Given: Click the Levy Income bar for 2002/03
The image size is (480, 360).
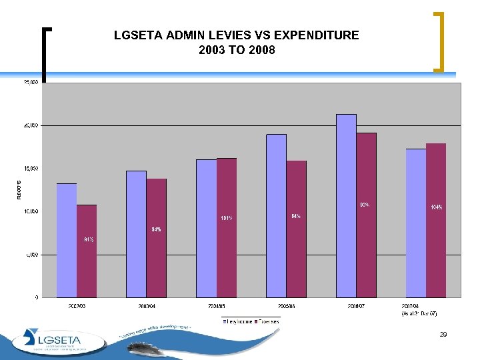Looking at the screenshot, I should tap(67, 240).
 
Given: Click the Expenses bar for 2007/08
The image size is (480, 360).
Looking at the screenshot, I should tap(436, 220).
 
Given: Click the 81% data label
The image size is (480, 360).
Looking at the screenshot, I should tap(89, 239).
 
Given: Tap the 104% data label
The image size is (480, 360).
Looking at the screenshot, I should tap(437, 207).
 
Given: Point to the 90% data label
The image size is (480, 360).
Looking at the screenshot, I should tap(365, 205).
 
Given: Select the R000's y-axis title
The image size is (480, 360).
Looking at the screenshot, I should tap(19, 189).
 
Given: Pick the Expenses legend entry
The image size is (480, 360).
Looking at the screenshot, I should tap(269, 321).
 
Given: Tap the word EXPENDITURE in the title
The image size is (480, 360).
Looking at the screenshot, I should tap(313, 35).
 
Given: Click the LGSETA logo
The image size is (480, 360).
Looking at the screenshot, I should tap(57, 339).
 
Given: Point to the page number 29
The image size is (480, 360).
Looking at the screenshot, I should tap(443, 335).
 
